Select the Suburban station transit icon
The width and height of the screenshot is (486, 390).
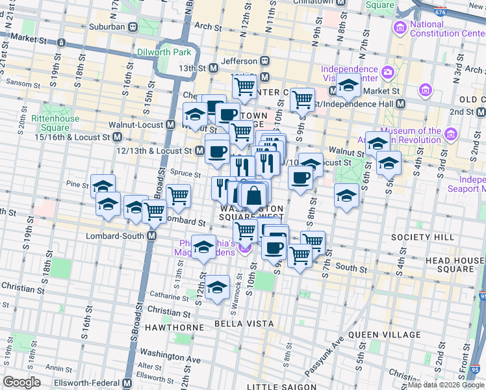[132, 27]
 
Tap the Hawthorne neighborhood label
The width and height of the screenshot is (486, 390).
[179, 328]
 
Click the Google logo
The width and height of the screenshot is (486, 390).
[22, 382]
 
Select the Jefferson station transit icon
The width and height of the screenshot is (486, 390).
[265, 61]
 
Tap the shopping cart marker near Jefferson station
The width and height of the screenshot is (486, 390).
[244, 86]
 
